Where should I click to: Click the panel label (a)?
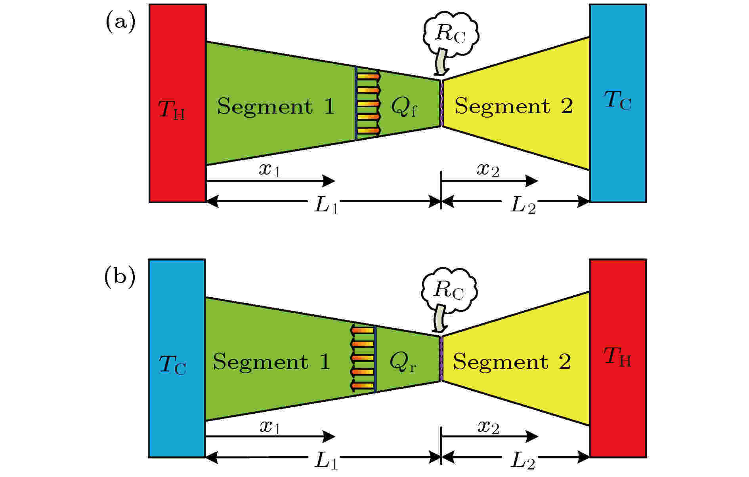[x=120, y=23]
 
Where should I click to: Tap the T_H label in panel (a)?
[x=172, y=110]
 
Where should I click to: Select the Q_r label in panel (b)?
[x=403, y=362]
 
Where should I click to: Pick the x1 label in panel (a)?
[x=270, y=169]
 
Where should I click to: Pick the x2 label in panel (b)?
[x=488, y=427]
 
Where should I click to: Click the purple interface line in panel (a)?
[x=441, y=104]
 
